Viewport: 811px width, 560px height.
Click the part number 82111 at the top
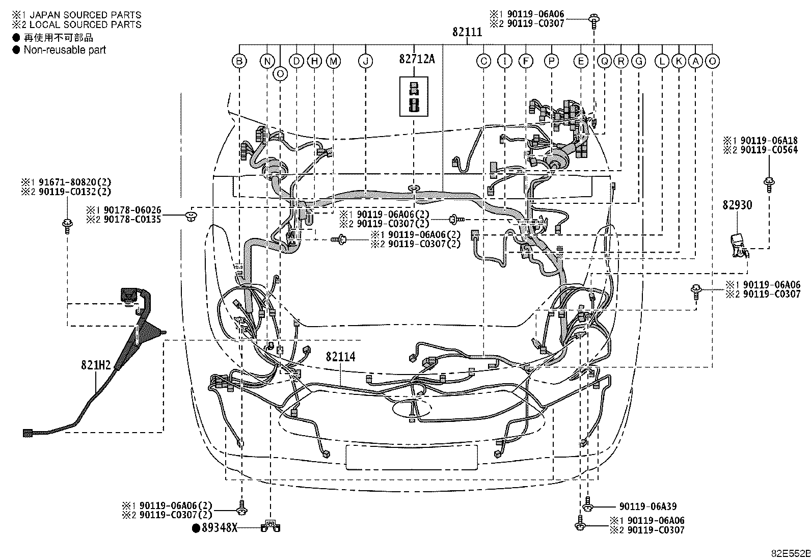[467, 32]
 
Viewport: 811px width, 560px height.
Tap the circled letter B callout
[239, 61]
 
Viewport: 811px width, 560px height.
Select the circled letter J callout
[365, 61]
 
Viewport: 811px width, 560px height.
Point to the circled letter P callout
[551, 61]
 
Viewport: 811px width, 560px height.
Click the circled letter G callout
[638, 61]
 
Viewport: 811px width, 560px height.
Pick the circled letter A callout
[695, 61]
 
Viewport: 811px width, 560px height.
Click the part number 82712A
[417, 59]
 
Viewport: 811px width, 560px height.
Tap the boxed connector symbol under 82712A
[414, 96]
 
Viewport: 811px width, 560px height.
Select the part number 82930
[737, 205]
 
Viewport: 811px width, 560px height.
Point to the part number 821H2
[96, 365]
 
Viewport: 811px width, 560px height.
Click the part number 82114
[340, 357]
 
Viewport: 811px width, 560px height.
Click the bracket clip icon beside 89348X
[271, 526]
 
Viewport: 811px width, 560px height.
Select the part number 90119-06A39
[647, 506]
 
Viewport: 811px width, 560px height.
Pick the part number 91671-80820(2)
[74, 182]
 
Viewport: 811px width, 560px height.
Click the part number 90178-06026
[132, 210]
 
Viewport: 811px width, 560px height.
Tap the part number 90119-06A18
[769, 141]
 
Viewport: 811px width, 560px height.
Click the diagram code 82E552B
[791, 553]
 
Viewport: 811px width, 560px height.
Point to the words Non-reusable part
[65, 50]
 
